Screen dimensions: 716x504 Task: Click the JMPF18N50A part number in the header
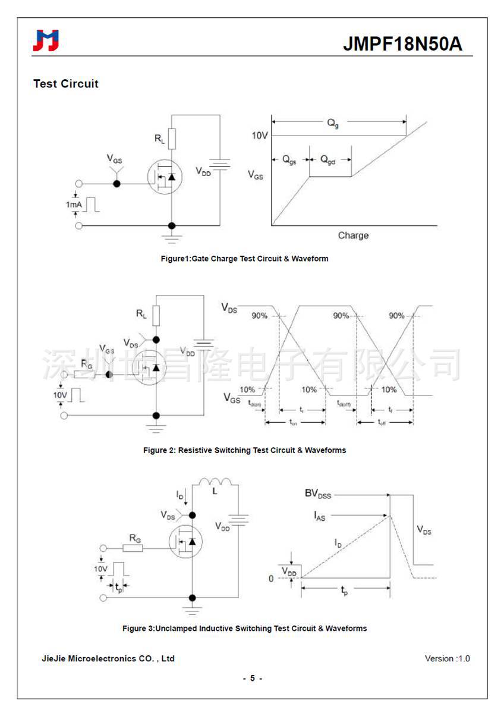click(402, 44)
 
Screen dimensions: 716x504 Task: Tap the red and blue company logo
click(46, 40)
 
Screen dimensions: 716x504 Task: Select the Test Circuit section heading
click(66, 84)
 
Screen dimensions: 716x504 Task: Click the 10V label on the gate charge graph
click(259, 136)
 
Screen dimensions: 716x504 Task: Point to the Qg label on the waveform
click(333, 123)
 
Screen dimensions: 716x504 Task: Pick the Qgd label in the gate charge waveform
click(328, 160)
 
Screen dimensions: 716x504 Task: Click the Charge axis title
click(353, 235)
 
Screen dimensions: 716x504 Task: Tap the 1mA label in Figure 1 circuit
click(74, 205)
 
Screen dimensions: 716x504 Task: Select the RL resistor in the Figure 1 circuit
click(171, 139)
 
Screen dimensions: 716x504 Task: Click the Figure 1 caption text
click(244, 259)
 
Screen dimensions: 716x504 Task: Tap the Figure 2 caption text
click(244, 450)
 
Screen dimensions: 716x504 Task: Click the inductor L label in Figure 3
click(215, 491)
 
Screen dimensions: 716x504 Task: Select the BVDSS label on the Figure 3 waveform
click(318, 494)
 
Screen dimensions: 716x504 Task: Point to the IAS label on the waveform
click(320, 516)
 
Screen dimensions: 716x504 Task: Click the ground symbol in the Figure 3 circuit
click(192, 610)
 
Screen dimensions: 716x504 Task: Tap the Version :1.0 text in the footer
click(447, 658)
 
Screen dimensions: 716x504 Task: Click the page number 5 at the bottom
click(252, 678)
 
